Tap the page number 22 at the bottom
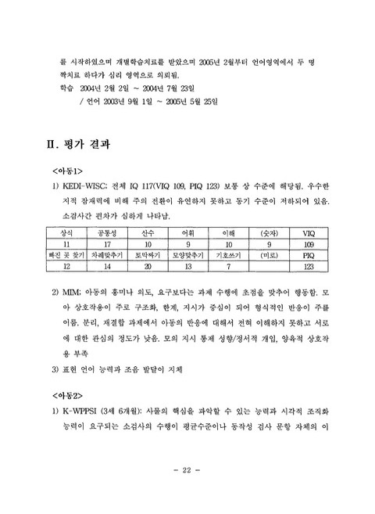[187, 491]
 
